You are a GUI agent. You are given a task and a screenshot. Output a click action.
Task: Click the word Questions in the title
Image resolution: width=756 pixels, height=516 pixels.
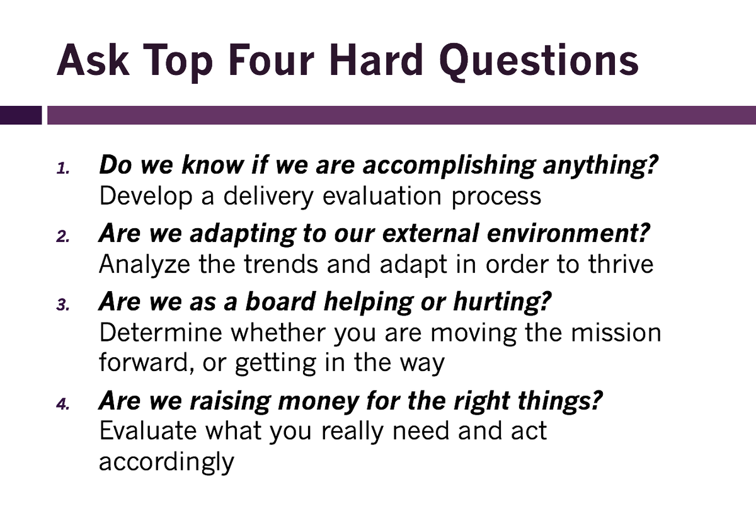(538, 61)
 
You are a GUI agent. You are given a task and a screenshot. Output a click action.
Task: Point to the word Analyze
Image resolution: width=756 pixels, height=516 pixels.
(143, 265)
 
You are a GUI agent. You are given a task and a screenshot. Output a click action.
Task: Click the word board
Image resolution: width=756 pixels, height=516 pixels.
(280, 302)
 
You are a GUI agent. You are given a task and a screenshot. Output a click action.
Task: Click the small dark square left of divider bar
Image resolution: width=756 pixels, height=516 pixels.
(21, 115)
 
